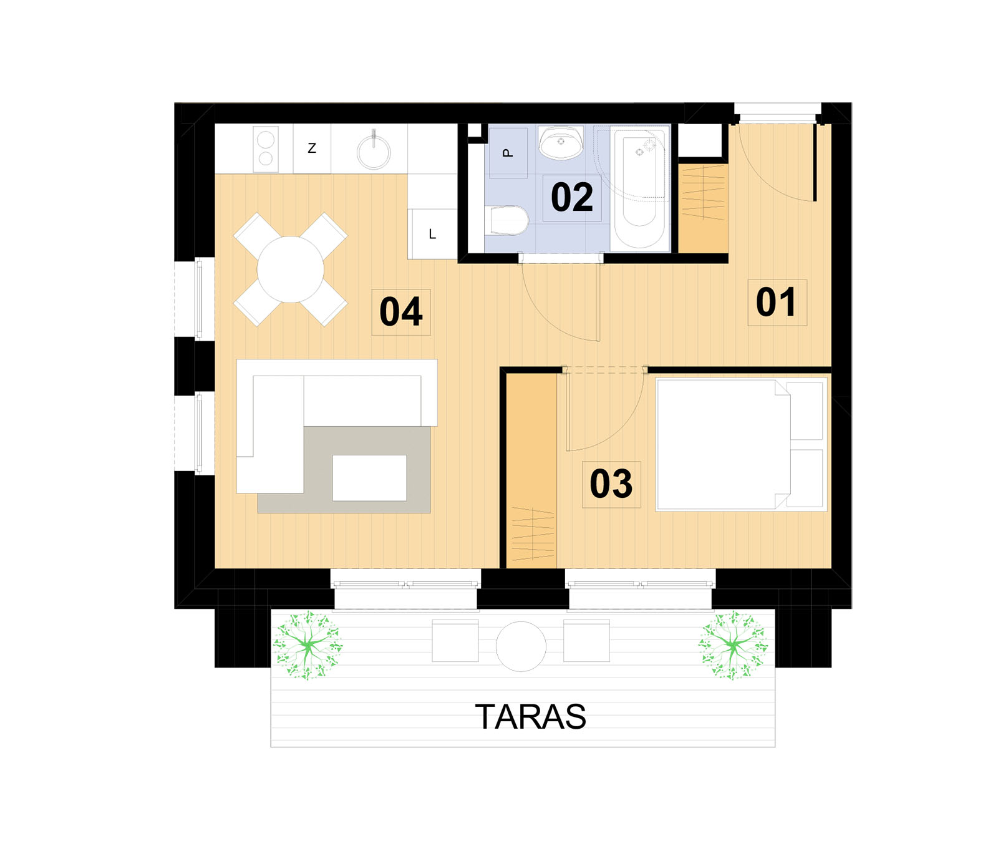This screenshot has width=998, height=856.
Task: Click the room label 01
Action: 776,302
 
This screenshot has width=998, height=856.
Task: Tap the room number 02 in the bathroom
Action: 572,197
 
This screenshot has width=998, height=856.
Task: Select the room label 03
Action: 611,484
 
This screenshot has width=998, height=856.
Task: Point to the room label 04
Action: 401,312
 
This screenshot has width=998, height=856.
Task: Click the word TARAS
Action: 531,716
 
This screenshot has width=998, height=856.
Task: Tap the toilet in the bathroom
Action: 507,221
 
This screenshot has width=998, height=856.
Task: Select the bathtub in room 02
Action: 639,188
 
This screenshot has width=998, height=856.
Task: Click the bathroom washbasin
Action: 561,143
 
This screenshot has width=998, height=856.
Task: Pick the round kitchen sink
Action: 374,150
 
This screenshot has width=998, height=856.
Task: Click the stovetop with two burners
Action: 266,148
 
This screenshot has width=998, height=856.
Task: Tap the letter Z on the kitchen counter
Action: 312,148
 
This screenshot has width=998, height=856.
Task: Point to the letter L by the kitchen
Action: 432,235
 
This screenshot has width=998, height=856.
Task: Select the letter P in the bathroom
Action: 508,153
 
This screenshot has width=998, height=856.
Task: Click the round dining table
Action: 291,270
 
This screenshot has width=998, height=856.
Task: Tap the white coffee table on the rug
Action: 369,478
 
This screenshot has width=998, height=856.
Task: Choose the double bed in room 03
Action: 741,444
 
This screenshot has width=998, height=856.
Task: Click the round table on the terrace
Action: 521,646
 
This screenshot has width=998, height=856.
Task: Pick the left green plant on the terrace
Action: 308,645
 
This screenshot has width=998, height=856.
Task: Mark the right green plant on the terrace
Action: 734,645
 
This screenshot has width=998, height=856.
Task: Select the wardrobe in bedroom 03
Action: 531,470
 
